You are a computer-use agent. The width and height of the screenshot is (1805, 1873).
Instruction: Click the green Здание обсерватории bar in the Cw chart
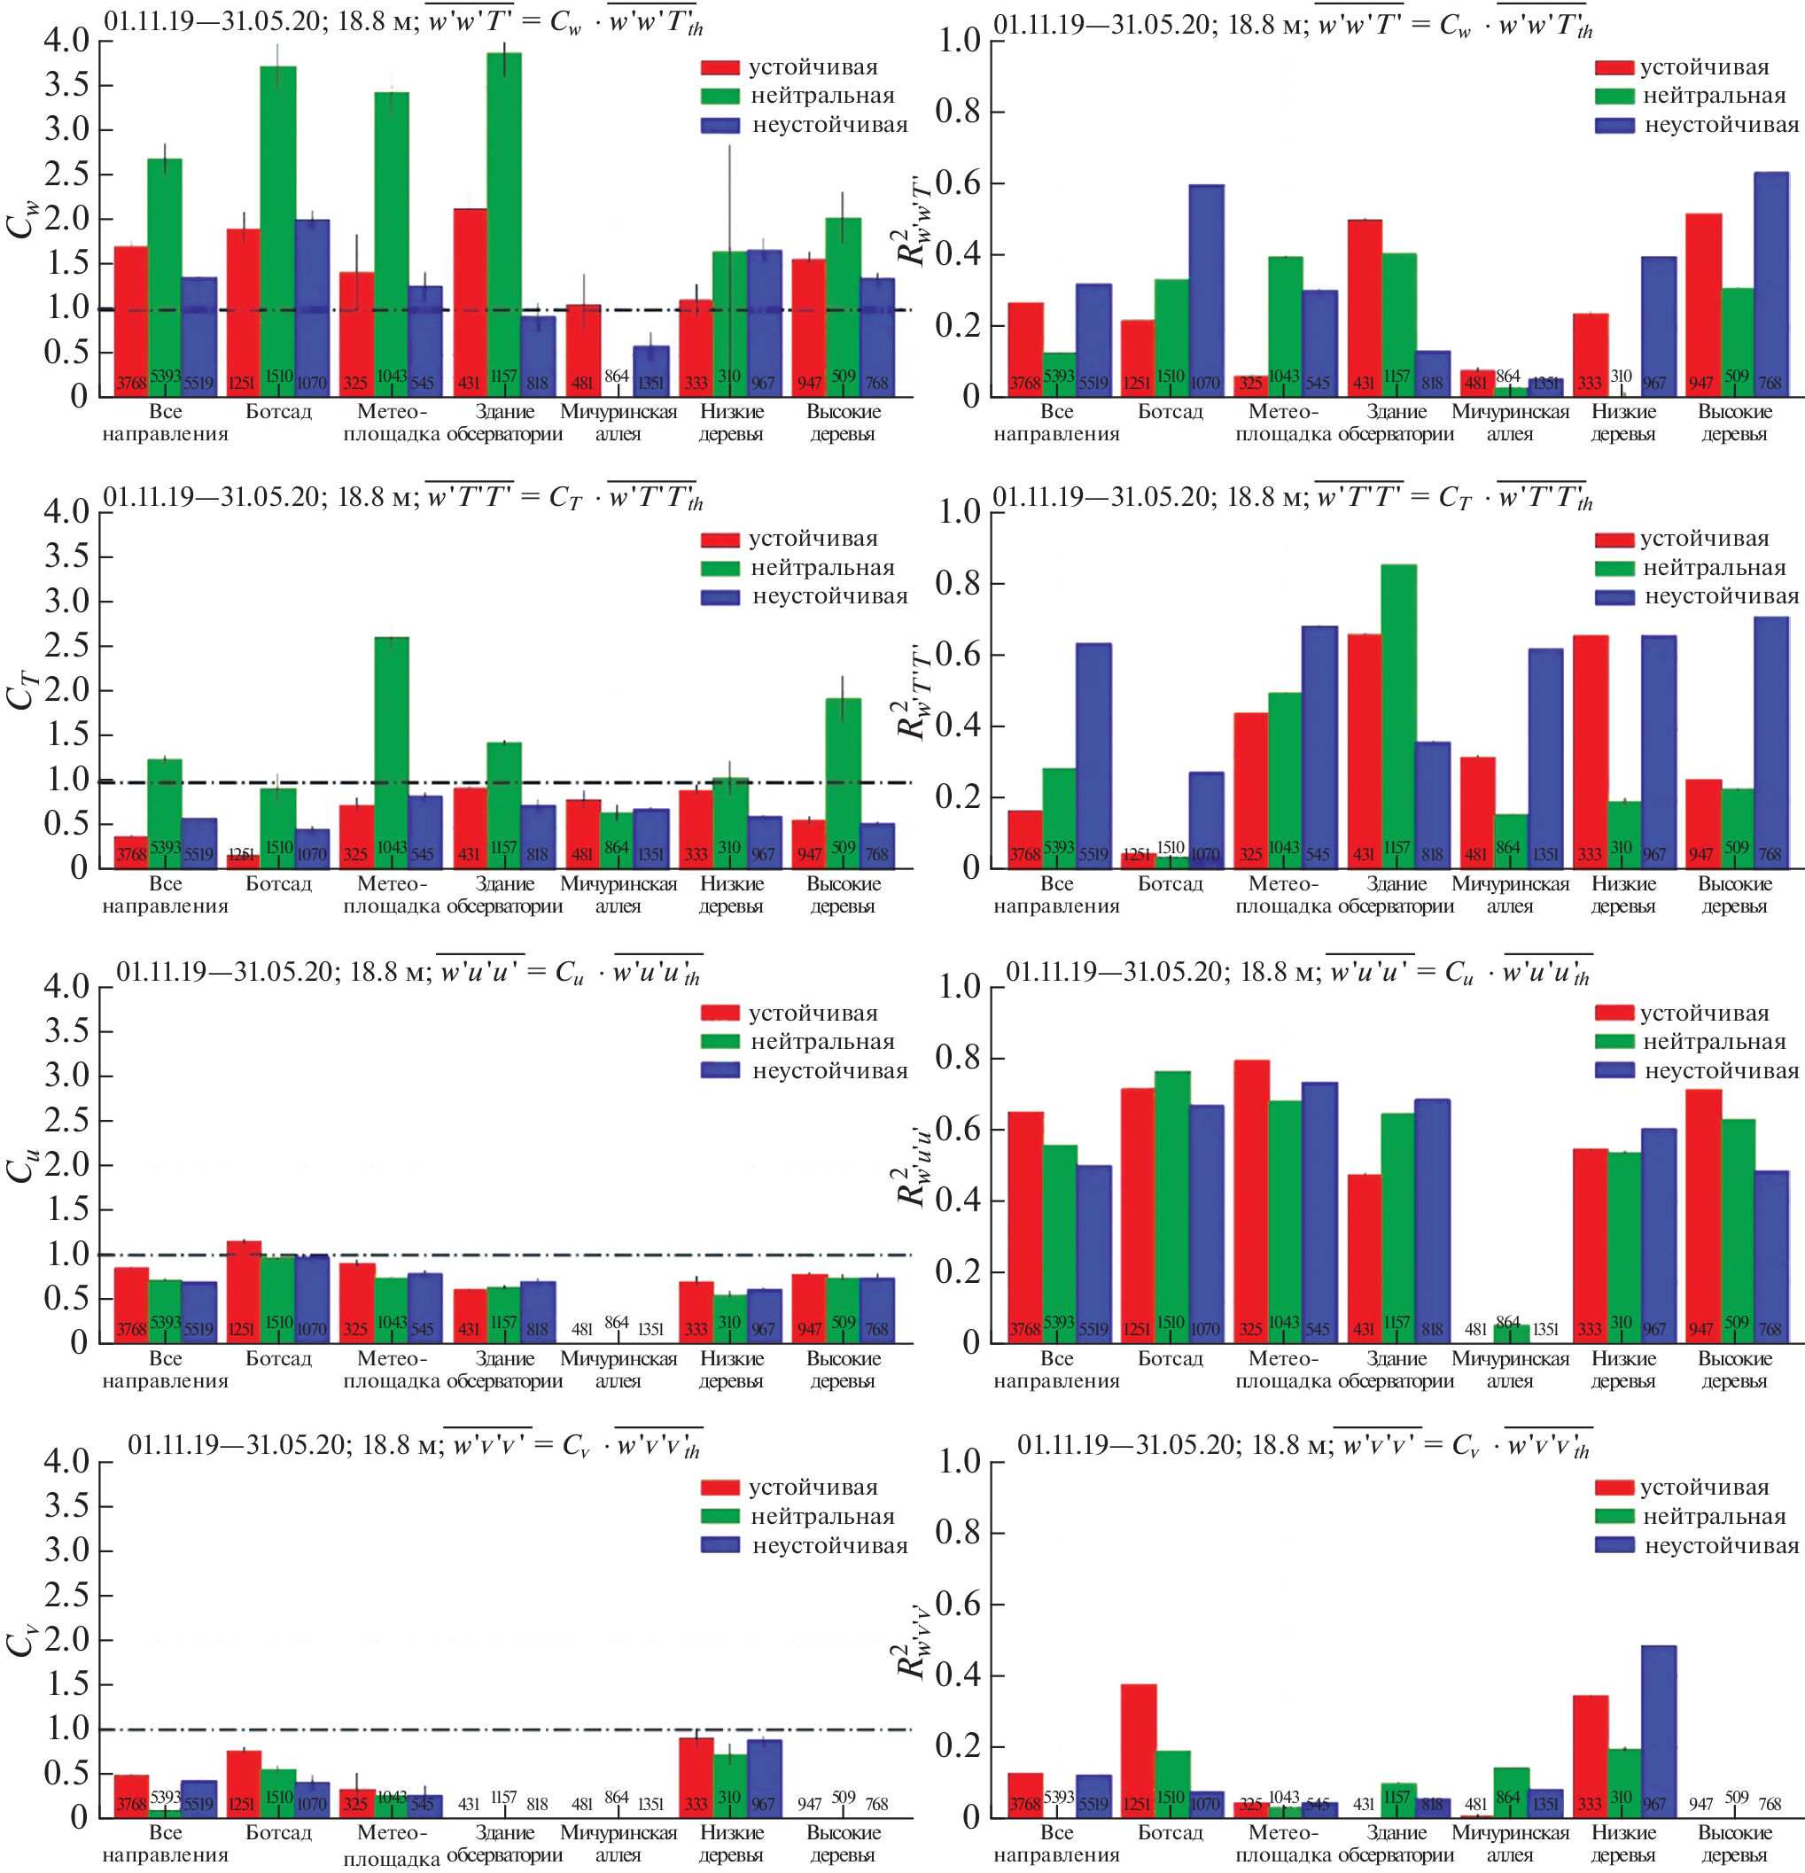[x=503, y=220]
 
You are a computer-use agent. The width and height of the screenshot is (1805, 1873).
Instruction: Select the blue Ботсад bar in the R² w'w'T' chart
[x=1205, y=287]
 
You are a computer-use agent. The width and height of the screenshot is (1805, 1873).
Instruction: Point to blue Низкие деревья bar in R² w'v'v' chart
[x=1658, y=1729]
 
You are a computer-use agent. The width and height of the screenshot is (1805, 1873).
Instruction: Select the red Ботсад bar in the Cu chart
[x=243, y=1290]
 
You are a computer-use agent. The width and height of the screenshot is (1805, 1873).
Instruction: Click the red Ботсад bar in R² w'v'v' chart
[x=1138, y=1749]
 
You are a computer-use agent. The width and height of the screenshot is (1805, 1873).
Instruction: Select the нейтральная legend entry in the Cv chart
[x=821, y=1517]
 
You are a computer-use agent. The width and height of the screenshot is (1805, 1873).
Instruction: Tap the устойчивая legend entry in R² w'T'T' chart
[x=1704, y=539]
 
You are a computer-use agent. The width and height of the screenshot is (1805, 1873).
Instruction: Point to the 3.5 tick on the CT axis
[x=66, y=556]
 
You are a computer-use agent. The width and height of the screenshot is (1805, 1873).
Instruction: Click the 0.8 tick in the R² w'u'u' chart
[x=958, y=1057]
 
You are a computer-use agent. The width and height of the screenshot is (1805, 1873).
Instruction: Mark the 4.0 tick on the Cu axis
[x=66, y=986]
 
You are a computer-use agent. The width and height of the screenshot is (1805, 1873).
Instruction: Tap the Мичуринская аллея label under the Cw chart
[x=619, y=423]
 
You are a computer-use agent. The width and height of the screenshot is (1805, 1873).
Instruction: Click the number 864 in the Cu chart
[x=617, y=1323]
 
